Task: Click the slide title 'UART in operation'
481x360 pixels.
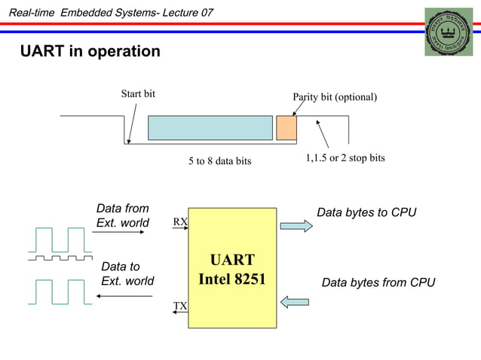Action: point(90,51)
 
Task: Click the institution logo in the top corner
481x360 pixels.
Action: point(448,32)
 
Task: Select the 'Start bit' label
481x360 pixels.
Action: point(138,94)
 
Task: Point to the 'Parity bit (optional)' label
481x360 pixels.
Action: point(334,97)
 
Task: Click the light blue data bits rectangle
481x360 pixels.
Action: point(210,128)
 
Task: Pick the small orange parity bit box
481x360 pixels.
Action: point(286,128)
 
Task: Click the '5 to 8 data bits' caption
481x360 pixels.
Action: point(219,161)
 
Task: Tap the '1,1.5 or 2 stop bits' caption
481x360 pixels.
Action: point(345,158)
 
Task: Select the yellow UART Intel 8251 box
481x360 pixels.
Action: point(231,267)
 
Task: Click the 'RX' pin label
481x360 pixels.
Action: point(180,222)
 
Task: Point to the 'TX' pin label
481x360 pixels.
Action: point(180,306)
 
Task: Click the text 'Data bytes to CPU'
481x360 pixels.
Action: point(366,212)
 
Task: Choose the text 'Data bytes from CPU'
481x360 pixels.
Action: point(378,283)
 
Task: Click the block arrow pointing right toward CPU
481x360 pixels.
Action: point(296,225)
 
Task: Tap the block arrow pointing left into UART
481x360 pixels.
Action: point(295,302)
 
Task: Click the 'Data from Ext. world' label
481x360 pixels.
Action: point(123,215)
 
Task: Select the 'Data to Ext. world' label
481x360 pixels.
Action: point(127,274)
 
